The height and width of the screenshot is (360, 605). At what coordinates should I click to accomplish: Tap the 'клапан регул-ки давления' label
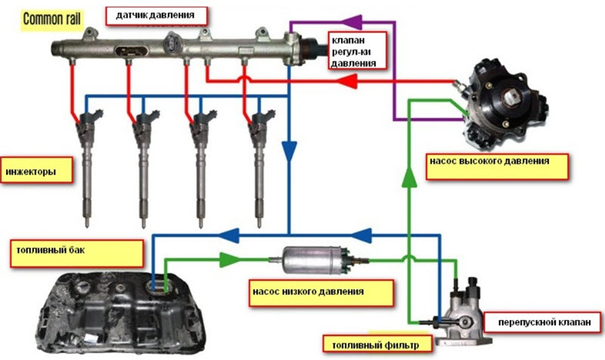pos(352,51)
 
